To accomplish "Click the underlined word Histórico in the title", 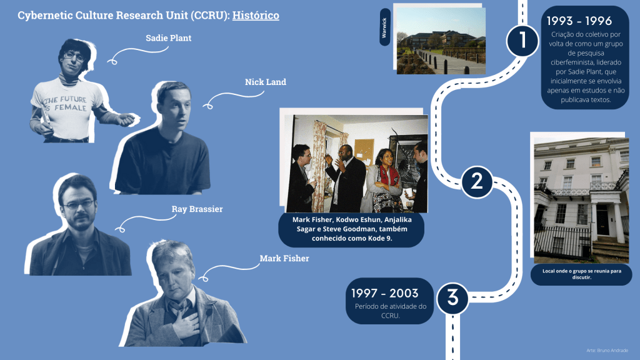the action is coord(256,16).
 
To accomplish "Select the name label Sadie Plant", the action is coord(169,38).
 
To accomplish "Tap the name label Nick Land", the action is coord(265,82).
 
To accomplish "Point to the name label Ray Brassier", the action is coord(197,209).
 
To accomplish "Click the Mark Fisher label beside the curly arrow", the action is coord(284,258).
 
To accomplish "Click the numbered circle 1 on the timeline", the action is coord(522,41).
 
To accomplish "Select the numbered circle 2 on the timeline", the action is coord(477,182).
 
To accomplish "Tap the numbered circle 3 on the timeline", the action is coord(452,298).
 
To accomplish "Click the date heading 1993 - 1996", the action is coord(579,21).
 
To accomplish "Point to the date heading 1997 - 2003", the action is coord(385,293).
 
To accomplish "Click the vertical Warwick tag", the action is coord(384,27).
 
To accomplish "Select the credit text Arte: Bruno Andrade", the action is coord(607,350).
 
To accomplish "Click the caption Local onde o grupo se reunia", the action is coord(582,274).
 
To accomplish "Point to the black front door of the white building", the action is coord(602,220).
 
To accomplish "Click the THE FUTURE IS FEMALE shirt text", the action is coord(66,104).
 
